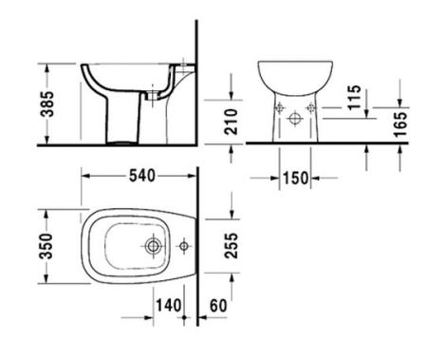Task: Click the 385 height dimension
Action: click(x=47, y=104)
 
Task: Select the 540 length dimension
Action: click(x=142, y=176)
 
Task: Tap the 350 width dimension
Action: click(x=46, y=246)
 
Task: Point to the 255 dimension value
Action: click(x=231, y=246)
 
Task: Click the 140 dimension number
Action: click(x=169, y=306)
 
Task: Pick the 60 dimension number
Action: click(x=218, y=306)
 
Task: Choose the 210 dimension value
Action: click(x=231, y=122)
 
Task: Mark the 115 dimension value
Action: click(x=354, y=97)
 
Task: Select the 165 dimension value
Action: click(x=400, y=124)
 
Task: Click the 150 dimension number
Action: click(x=295, y=179)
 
